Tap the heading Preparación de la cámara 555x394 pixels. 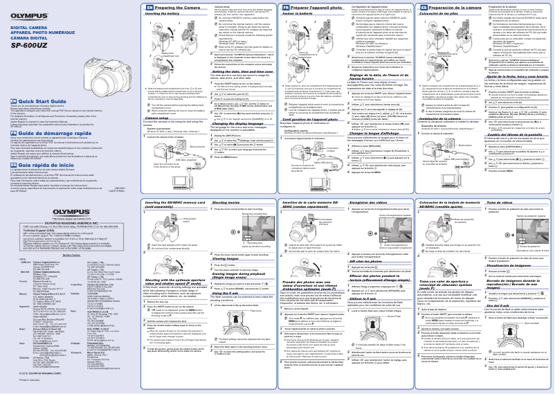click(446, 7)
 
